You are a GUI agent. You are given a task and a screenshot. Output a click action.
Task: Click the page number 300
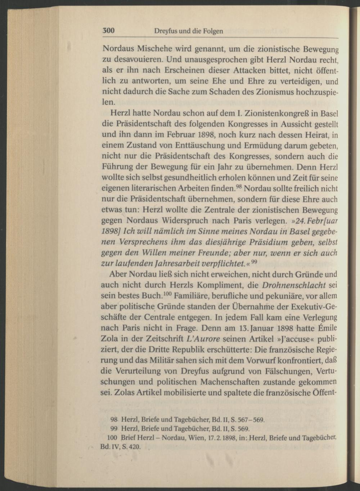click(x=108, y=31)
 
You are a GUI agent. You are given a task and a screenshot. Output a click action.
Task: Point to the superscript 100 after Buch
click(x=167, y=294)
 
